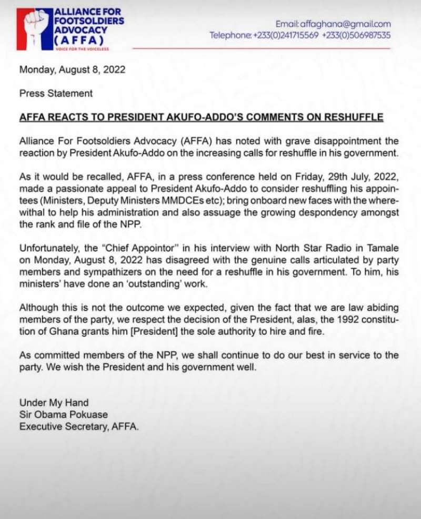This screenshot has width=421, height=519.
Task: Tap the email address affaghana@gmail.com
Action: tap(333, 24)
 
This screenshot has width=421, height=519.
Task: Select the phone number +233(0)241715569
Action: tap(285, 35)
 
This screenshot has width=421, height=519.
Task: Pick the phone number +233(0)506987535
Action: tap(356, 35)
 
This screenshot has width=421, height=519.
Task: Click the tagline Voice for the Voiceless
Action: tap(82, 48)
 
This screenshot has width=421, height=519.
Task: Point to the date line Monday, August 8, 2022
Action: tap(72, 70)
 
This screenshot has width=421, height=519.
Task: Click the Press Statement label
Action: tap(56, 93)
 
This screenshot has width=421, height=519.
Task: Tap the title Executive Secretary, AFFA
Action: tap(79, 426)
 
